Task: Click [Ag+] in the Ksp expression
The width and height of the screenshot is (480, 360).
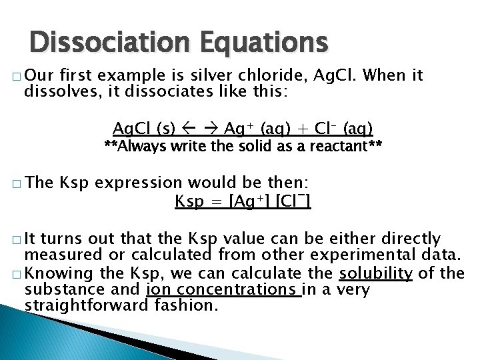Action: coord(249,201)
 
